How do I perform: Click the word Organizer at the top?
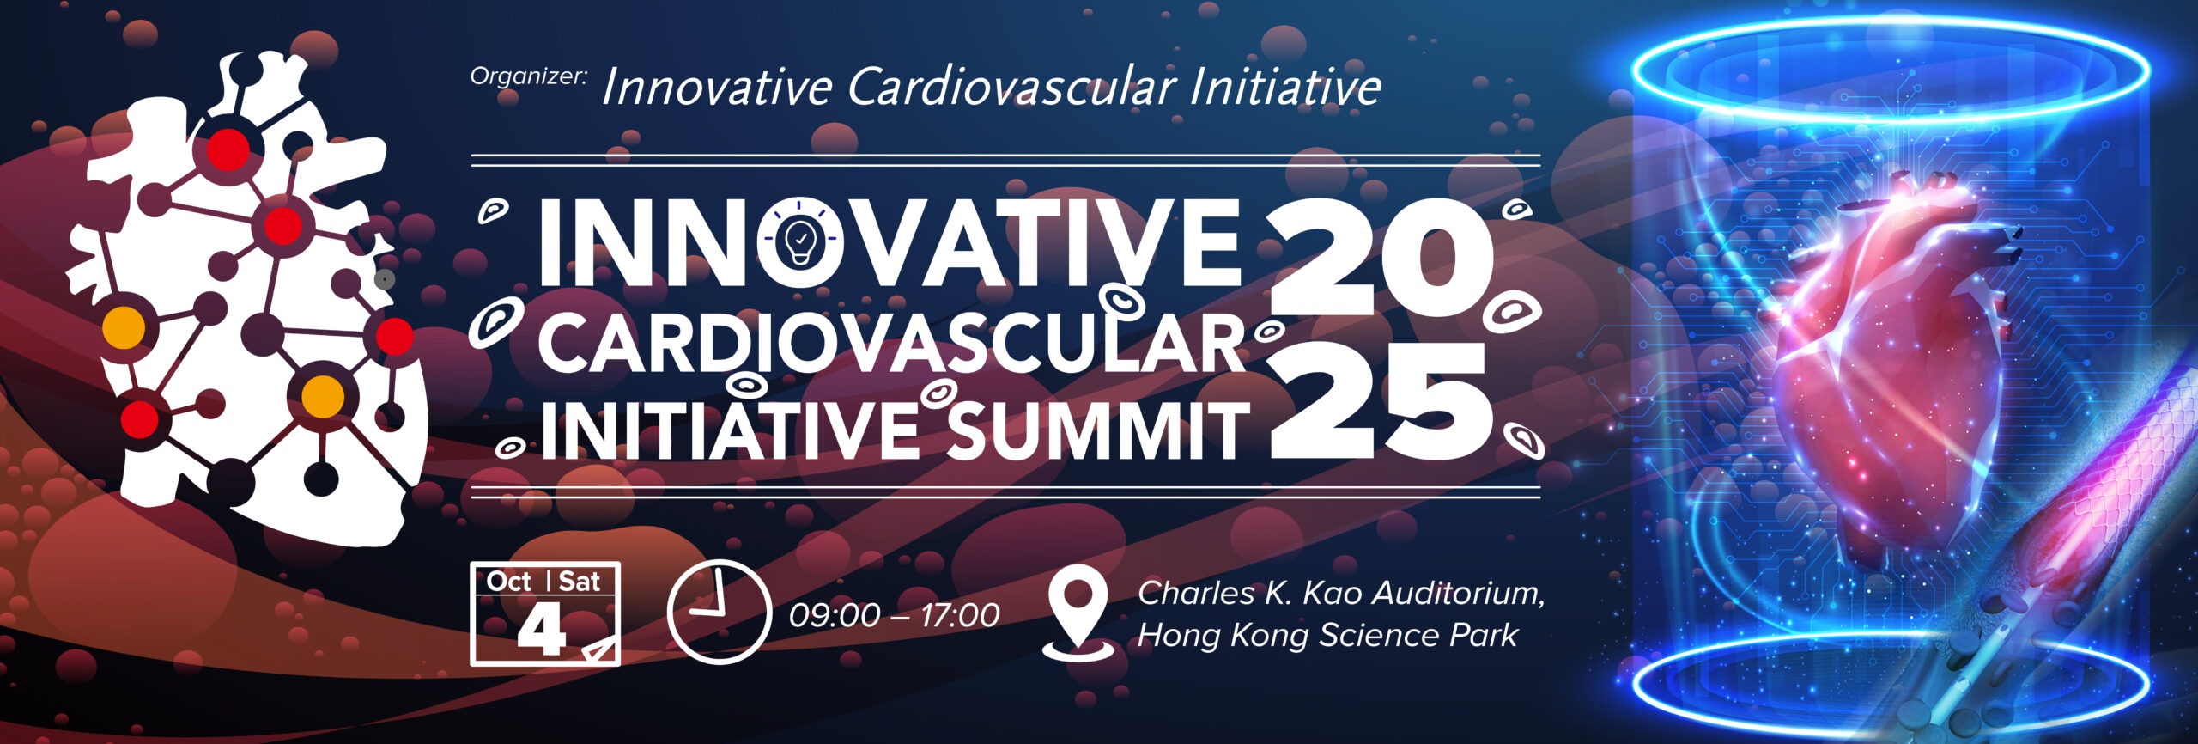point(528,77)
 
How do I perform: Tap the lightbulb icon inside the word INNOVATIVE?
point(799,241)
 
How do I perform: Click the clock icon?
point(719,612)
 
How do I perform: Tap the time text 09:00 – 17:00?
point(894,615)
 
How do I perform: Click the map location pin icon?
point(1078,613)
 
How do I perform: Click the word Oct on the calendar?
point(509,582)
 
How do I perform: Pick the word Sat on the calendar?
point(580,582)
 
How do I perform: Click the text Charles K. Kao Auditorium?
point(1341,593)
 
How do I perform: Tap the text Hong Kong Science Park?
point(1327,635)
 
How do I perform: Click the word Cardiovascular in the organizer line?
point(1011,88)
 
